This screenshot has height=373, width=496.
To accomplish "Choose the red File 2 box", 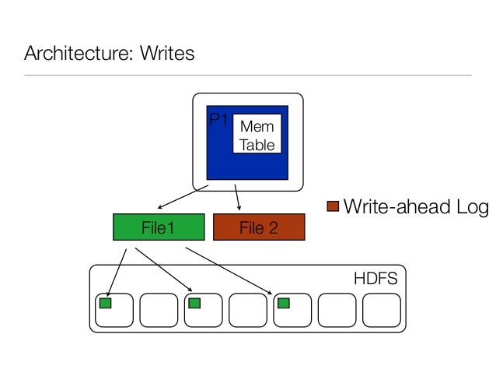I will tap(259, 227).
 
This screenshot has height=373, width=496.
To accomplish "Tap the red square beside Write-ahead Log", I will tap(333, 206).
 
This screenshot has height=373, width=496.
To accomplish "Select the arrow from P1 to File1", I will tap(183, 197).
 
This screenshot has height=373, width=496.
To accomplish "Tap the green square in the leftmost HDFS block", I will tap(105, 302).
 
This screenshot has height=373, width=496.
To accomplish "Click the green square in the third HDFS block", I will tap(195, 302).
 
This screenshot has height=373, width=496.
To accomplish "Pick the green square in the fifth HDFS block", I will tap(285, 302).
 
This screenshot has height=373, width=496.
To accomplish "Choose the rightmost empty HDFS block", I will tap(382, 312).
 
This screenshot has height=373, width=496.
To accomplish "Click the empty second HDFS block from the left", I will tap(159, 312).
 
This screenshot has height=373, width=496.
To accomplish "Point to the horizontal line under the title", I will tap(247, 76).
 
